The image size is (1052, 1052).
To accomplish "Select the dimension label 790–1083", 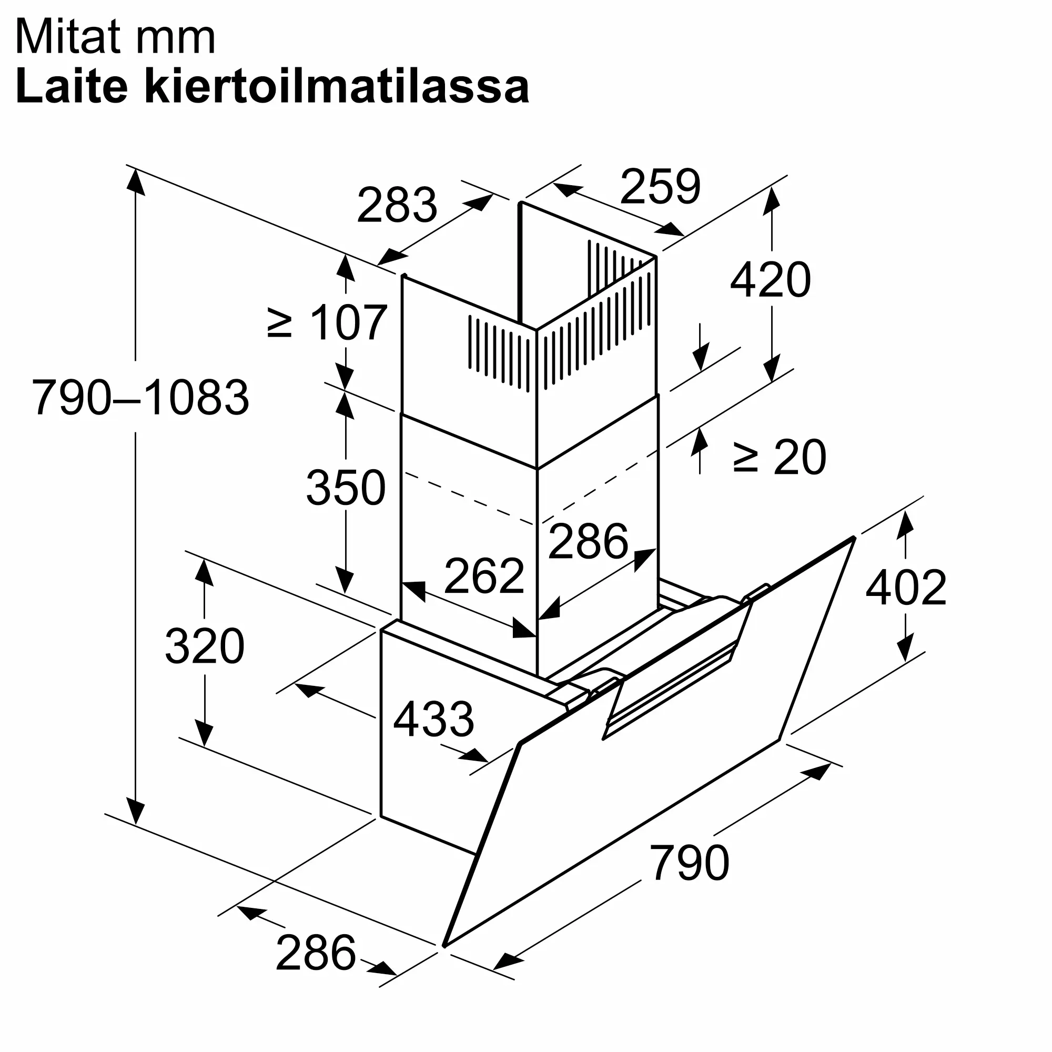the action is [x=140, y=398].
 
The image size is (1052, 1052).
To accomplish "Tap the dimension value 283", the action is [x=397, y=205].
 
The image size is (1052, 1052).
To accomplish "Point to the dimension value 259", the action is [x=660, y=187].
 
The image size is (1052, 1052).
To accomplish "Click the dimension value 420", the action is [x=770, y=280].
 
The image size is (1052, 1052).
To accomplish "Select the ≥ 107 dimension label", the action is [x=328, y=323].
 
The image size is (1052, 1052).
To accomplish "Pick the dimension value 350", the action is [x=346, y=488].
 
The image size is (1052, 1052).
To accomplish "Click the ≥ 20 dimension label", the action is [x=779, y=458].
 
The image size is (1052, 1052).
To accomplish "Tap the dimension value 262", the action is [x=484, y=575].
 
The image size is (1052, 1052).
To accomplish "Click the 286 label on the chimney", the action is [x=588, y=541].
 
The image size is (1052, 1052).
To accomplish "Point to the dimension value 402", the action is [x=906, y=588].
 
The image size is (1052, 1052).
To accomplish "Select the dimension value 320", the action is [x=205, y=646].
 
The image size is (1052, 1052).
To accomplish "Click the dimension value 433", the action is [x=433, y=719].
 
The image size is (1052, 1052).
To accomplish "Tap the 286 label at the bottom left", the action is [x=316, y=953].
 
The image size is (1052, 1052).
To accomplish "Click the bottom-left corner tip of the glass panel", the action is [x=446, y=946].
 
